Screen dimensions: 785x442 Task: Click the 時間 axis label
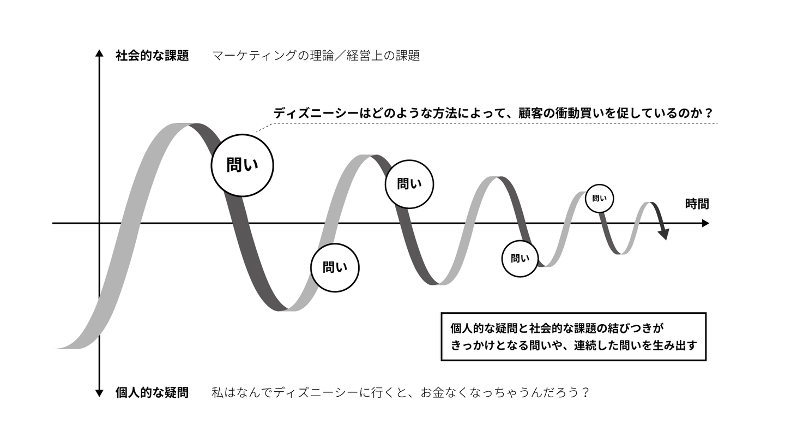pyautogui.click(x=697, y=204)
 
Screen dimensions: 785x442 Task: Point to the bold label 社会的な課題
pyautogui.click(x=152, y=56)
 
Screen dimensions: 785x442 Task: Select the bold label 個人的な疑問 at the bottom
pyautogui.click(x=152, y=392)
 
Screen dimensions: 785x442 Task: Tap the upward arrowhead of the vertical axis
pyautogui.click(x=100, y=53)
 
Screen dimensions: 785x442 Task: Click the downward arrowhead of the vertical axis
pyautogui.click(x=100, y=393)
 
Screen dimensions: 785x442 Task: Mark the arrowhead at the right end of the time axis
pyautogui.click(x=705, y=223)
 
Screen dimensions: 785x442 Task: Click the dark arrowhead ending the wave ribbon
pyautogui.click(x=664, y=234)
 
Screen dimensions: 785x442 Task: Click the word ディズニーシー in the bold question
pyautogui.click(x=316, y=114)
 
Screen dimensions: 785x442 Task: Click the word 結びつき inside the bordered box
pyautogui.click(x=630, y=328)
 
